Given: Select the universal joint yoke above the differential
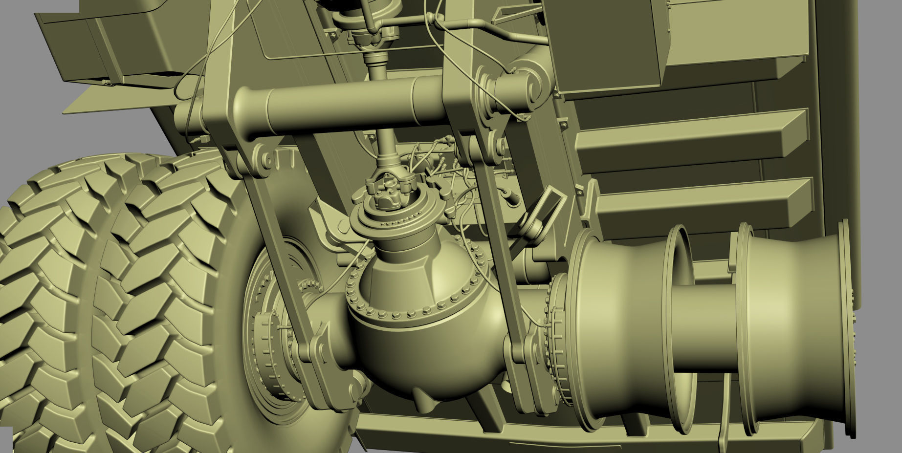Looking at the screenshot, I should pos(390,188).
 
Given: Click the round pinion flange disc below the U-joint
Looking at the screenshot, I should pos(386,220).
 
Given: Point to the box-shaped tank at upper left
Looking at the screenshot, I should pos(122,44).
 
